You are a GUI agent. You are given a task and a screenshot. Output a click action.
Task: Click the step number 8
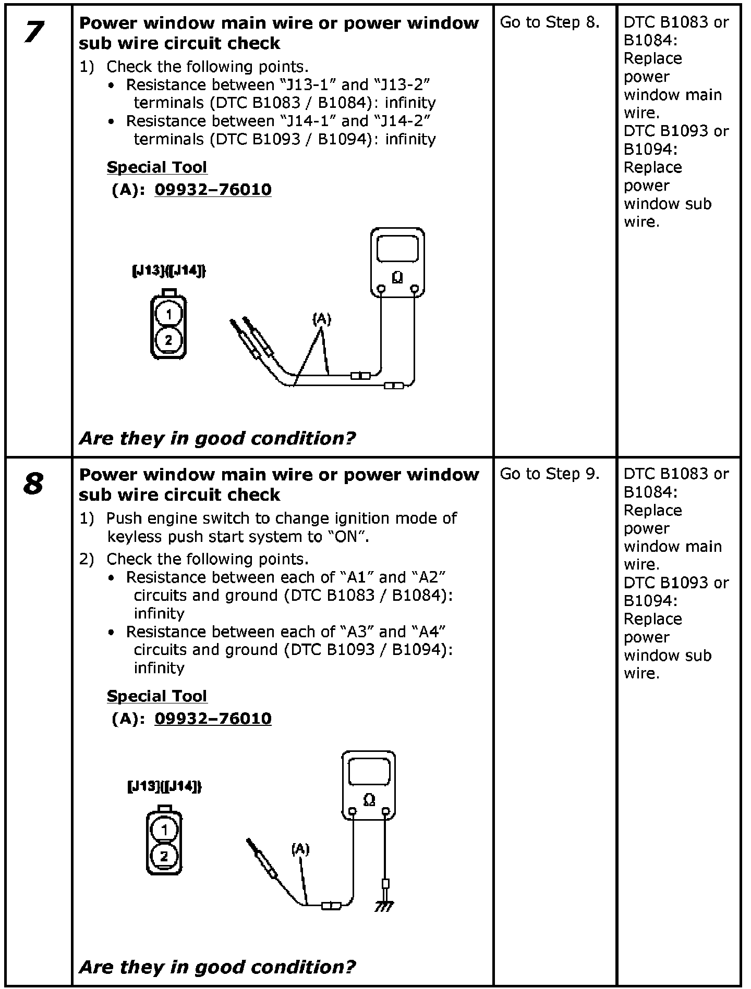(x=33, y=484)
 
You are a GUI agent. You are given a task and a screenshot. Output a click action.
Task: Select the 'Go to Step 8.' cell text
(x=550, y=22)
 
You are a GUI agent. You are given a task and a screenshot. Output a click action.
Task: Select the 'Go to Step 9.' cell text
(x=550, y=474)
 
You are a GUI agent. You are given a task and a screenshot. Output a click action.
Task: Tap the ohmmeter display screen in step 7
(x=397, y=249)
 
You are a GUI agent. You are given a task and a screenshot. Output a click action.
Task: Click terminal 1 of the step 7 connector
(x=168, y=314)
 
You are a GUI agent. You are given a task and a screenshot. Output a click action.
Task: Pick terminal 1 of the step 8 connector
(x=164, y=830)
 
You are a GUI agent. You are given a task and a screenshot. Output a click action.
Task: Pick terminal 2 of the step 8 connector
(x=164, y=856)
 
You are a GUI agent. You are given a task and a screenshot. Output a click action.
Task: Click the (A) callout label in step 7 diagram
(x=322, y=318)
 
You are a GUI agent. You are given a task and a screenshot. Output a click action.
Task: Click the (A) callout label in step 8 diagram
(x=300, y=849)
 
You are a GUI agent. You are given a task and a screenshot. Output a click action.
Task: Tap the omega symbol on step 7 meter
(x=397, y=277)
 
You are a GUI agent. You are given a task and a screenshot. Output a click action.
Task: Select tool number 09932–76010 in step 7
(x=213, y=190)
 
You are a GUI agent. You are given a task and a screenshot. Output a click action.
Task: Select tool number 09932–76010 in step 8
(x=213, y=719)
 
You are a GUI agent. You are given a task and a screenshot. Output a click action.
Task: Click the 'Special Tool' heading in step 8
(x=157, y=696)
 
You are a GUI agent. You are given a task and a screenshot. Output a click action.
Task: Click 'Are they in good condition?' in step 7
(x=217, y=438)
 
